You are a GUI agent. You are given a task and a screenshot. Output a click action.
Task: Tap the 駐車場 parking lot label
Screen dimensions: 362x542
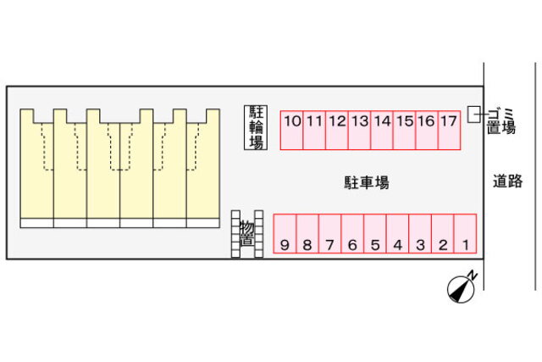[366, 182]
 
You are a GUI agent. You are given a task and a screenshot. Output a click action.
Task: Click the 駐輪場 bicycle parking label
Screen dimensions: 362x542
[255, 128]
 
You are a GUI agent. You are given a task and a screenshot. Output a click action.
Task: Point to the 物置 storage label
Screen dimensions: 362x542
[246, 232]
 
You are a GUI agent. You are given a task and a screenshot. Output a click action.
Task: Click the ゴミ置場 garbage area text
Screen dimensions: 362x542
[501, 120]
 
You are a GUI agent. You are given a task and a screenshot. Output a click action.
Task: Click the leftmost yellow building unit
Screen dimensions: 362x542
[36, 170]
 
